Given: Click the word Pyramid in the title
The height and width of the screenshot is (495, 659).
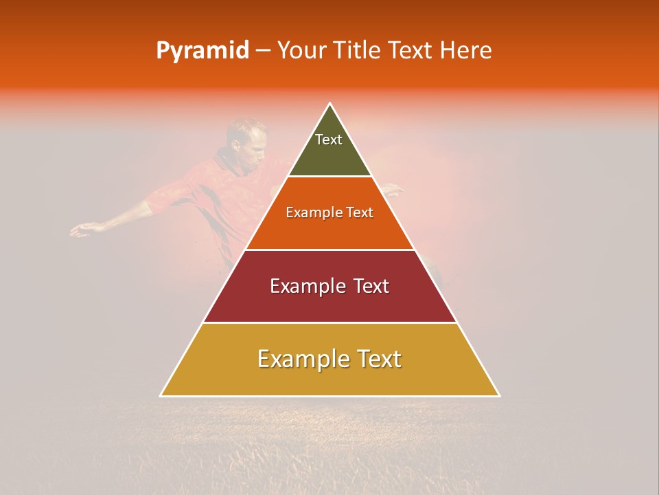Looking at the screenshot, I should click(202, 51).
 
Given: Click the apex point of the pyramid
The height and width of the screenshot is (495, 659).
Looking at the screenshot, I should click(330, 104).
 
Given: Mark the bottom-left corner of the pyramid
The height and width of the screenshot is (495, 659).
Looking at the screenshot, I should click(161, 395).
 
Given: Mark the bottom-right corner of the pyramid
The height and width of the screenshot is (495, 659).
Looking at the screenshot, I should click(499, 395).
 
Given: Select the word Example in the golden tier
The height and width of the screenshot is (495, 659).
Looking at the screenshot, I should click(302, 360).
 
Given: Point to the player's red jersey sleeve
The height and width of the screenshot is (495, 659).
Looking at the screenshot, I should click(165, 199).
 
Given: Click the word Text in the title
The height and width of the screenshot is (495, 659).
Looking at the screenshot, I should click(412, 51).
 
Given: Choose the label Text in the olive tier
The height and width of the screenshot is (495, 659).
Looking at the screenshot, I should click(329, 140).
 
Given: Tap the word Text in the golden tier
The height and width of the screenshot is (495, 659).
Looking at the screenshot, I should click(376, 360).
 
